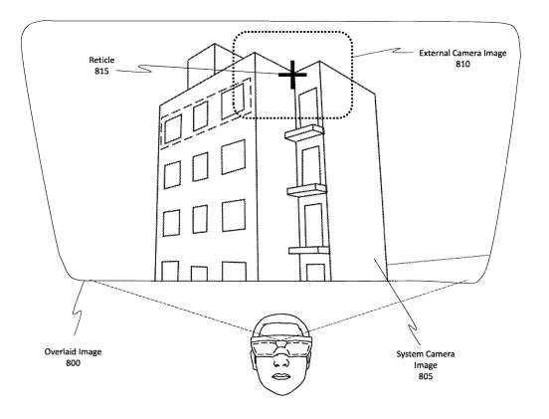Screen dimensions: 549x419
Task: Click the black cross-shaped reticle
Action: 292,75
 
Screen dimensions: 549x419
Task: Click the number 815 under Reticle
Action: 101,71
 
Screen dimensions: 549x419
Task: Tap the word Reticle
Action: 101,60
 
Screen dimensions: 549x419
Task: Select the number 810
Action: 462,64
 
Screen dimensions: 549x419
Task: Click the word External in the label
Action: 435,54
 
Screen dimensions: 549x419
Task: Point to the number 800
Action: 73,363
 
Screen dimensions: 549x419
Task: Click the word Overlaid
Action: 61,351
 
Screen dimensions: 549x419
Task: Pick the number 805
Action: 426,376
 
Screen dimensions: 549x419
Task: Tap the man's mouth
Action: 280,376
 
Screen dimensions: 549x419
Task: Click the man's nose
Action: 280,362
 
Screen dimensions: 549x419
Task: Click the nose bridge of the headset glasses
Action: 280,344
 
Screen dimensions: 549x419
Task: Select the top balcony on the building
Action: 304,132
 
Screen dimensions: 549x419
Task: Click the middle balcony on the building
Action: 306,190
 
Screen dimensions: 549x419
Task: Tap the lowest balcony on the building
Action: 308,250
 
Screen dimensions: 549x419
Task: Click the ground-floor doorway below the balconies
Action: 315,273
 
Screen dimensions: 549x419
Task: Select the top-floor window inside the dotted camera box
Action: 233,102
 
